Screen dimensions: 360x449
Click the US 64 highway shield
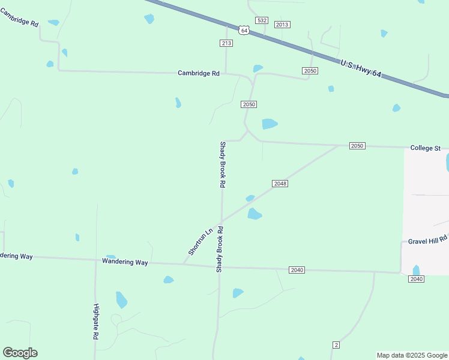pos(243,29)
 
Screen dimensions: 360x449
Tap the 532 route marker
pos(261,20)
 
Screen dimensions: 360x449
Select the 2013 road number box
pos(282,25)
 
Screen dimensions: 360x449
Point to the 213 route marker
pos(226,43)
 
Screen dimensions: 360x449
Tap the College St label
pos(426,148)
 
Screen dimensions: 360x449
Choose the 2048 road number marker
pos(280,183)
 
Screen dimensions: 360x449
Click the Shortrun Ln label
pos(200,242)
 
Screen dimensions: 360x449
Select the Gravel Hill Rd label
pos(428,239)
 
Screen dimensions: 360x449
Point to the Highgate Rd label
pos(95,322)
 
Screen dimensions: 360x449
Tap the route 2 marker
pos(336,344)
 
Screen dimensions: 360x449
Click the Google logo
pos(20,353)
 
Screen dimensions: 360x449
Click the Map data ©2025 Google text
pos(412,355)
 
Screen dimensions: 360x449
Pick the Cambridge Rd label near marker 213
pos(199,73)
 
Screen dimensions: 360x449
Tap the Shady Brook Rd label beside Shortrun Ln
pos(220,250)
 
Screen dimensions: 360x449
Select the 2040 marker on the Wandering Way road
pos(297,270)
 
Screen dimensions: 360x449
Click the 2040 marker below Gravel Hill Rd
pos(417,279)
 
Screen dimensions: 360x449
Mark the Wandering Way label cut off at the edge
pos(16,256)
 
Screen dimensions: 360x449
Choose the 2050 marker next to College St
pos(357,146)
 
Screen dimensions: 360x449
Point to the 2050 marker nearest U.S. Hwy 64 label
pos(310,71)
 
